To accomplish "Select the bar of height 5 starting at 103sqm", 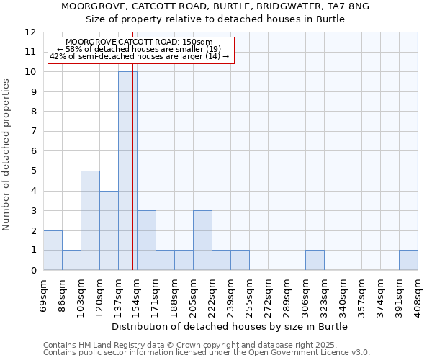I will tap(90, 220).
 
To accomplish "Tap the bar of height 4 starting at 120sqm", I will tap(109, 230).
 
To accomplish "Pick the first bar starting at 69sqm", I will tap(53, 250).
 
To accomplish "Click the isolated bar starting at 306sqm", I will tap(315, 260).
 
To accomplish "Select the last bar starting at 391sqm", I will tap(408, 260).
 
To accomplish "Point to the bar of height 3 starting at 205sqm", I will tap(202, 240).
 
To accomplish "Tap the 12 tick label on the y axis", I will tap(30, 32).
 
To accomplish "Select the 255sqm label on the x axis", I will tap(249, 295).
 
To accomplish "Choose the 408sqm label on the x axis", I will tap(418, 295).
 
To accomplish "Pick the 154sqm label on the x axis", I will tap(137, 295).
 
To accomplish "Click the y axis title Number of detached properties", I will tap(7, 155).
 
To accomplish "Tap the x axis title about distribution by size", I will tap(230, 326).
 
